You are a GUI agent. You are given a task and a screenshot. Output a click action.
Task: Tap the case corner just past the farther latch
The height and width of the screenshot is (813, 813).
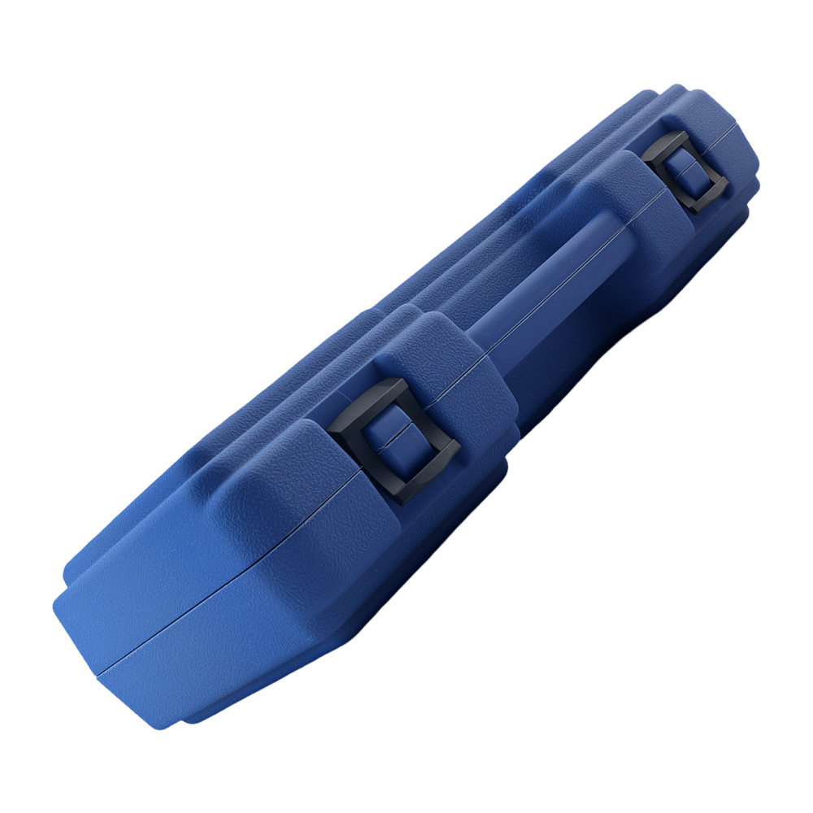tap(736, 138)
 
